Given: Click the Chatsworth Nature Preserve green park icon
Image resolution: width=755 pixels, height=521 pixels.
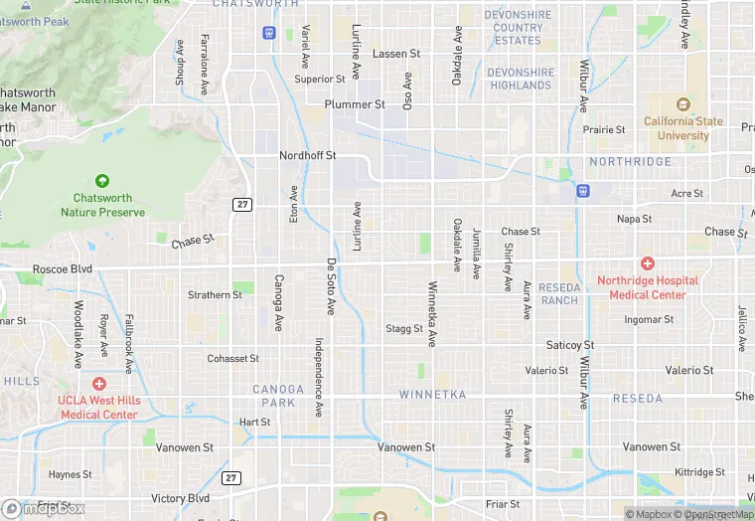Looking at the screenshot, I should click(x=102, y=181).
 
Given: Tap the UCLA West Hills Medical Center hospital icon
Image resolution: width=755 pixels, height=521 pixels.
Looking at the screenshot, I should click(x=98, y=383).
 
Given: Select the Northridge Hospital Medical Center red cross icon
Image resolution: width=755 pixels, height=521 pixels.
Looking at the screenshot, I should click(x=647, y=263).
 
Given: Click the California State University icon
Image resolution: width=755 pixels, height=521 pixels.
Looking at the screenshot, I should click(x=681, y=104).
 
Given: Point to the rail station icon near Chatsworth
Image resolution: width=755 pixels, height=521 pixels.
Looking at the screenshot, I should click(x=268, y=33).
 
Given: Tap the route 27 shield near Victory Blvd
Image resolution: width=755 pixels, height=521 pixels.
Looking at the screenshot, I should click(x=231, y=478).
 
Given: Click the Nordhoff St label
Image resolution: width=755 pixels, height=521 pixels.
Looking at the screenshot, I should click(x=307, y=156).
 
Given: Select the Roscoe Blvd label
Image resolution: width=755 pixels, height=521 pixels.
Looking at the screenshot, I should click(x=62, y=268).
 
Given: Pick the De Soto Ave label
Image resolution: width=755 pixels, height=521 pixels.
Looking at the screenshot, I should click(x=331, y=287).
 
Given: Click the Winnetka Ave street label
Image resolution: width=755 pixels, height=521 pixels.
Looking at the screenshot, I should click(x=432, y=314).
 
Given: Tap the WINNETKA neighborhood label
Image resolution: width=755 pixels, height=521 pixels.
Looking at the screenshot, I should click(x=432, y=395).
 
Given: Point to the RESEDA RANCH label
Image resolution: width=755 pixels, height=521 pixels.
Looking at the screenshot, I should click(x=558, y=293).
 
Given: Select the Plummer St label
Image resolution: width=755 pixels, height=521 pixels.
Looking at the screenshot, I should click(x=355, y=104).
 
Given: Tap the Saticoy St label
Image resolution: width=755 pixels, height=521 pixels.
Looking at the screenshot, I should click(x=570, y=345).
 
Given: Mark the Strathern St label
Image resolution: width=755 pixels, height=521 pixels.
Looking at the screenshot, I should click(x=216, y=295).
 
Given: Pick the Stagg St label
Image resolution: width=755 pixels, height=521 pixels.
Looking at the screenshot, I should click(x=404, y=328).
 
